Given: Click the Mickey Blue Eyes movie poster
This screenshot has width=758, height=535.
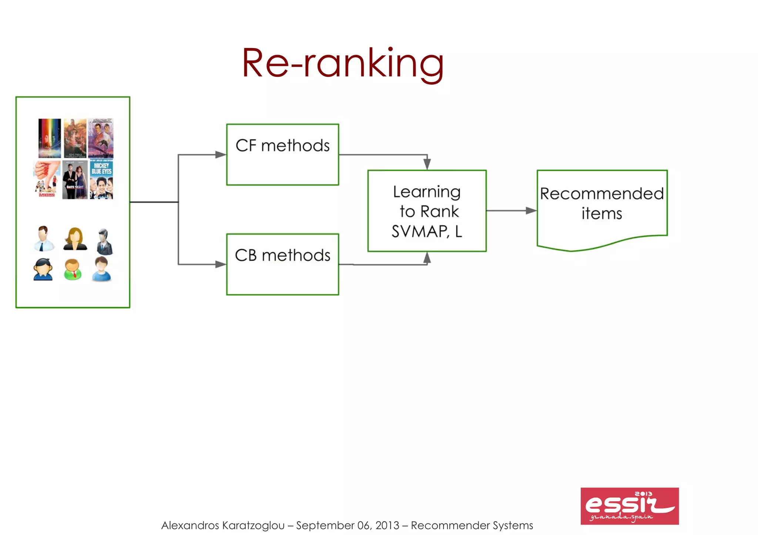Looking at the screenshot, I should pyautogui.click(x=101, y=180).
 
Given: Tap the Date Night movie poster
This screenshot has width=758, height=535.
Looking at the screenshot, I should pyautogui.click(x=75, y=180).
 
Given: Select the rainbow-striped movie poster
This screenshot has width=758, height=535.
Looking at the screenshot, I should pyautogui.click(x=50, y=138).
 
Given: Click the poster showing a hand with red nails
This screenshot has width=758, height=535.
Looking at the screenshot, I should pyautogui.click(x=47, y=179).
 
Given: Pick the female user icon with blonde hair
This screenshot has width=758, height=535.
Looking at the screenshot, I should pyautogui.click(x=75, y=239).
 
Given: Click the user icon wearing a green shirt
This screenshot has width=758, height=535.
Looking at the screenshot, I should pyautogui.click(x=73, y=269).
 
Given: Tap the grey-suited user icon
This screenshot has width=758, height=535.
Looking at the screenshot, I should pyautogui.click(x=104, y=242).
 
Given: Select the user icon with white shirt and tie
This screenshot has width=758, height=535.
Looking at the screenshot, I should pyautogui.click(x=43, y=238).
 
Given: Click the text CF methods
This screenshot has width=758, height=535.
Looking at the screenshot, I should pyautogui.click(x=282, y=146).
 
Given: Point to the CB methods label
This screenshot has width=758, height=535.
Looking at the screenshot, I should pyautogui.click(x=282, y=255).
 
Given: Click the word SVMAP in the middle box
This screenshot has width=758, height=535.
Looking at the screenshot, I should pyautogui.click(x=420, y=232).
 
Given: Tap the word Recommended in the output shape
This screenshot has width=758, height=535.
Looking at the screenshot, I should pyautogui.click(x=602, y=194).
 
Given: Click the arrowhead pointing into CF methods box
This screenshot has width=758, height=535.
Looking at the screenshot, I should pyautogui.click(x=221, y=155).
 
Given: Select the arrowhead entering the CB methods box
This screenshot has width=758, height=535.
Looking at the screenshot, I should pyautogui.click(x=221, y=264).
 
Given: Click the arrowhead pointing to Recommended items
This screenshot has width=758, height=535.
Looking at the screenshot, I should pyautogui.click(x=531, y=211).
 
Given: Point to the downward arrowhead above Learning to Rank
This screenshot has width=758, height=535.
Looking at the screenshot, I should pyautogui.click(x=427, y=164).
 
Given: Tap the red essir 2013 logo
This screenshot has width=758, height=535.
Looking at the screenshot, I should pyautogui.click(x=630, y=506).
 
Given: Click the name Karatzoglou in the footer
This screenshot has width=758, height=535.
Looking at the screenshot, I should pyautogui.click(x=254, y=525).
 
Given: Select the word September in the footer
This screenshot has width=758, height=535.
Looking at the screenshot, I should pyautogui.click(x=325, y=525).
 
